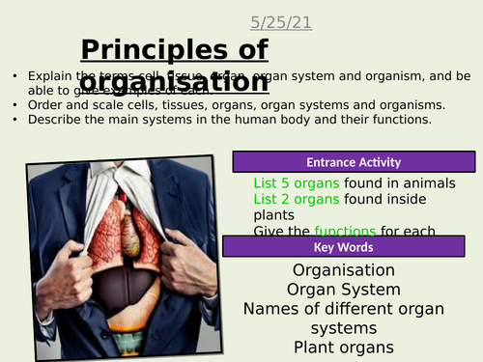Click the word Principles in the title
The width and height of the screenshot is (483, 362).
(142, 50)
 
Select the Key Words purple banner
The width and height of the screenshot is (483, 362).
(353, 248)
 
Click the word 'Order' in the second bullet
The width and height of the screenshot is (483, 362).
(44, 105)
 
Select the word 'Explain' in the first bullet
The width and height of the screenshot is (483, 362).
(49, 75)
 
